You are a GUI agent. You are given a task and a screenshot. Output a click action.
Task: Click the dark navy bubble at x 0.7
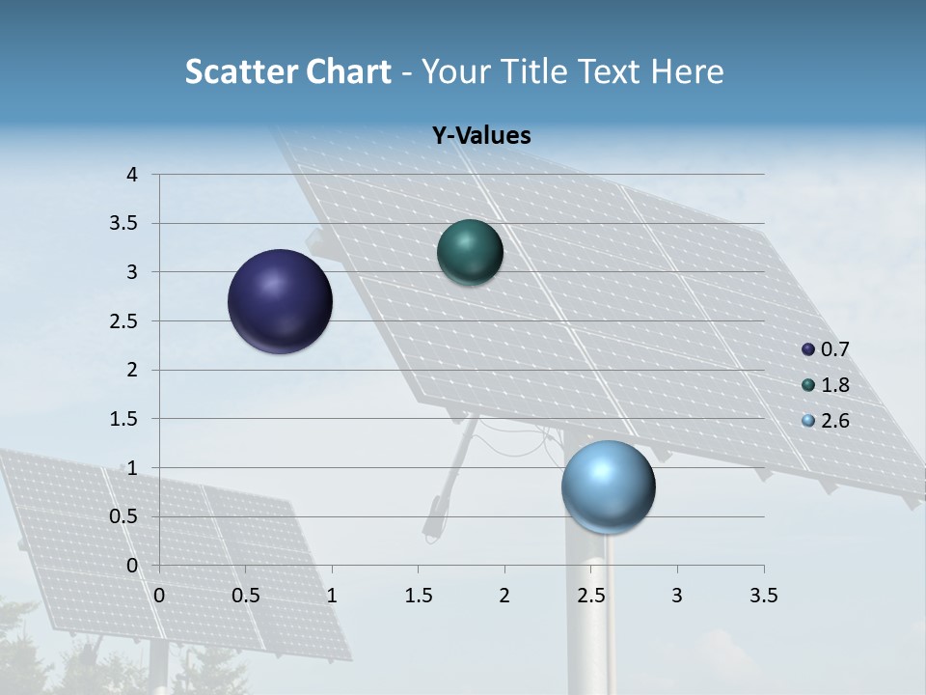[281, 301]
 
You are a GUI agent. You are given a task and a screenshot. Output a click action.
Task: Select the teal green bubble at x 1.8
[471, 252]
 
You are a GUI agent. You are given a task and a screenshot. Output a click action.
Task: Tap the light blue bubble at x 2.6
[609, 486]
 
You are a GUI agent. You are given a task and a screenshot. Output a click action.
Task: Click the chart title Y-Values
[481, 136]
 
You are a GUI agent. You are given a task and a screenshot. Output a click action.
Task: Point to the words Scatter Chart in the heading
[288, 71]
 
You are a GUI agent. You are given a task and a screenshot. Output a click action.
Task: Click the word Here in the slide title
[687, 71]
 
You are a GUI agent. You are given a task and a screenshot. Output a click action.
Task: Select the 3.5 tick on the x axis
[763, 596]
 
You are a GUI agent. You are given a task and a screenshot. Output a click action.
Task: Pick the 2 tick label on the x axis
[504, 596]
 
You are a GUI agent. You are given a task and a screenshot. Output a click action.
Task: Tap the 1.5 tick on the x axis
[418, 596]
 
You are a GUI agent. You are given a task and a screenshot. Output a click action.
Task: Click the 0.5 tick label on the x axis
[246, 596]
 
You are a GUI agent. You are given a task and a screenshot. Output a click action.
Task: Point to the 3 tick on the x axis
[677, 596]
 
